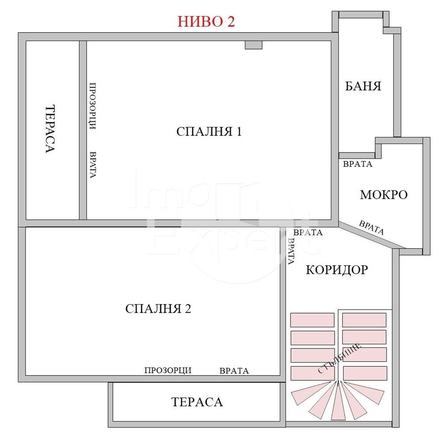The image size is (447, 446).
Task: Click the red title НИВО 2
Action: click(x=206, y=22)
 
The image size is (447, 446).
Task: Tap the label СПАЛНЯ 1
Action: click(x=209, y=132)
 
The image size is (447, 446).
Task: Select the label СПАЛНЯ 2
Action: click(x=158, y=309)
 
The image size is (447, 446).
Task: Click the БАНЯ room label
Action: click(x=363, y=86)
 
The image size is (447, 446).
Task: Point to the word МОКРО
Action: click(x=384, y=195)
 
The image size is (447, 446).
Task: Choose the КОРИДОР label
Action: click(x=337, y=269)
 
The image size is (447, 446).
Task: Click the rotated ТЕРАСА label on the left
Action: click(x=50, y=129)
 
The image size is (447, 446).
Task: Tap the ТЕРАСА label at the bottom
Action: click(x=197, y=402)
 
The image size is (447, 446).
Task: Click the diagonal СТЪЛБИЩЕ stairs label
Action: click(x=340, y=358)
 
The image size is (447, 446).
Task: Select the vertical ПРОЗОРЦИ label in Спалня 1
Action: click(x=93, y=106)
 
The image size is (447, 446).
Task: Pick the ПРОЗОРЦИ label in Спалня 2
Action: click(x=168, y=370)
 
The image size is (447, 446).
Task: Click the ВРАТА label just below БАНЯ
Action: click(x=357, y=164)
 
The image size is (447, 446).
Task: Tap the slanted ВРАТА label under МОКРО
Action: click(x=372, y=227)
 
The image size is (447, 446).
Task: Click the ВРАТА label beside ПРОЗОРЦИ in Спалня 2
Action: click(x=234, y=371)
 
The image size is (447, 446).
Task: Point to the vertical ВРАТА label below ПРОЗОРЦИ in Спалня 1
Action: click(x=93, y=165)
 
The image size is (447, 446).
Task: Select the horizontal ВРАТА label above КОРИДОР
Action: click(x=308, y=232)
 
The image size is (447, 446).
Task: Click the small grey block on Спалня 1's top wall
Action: click(x=253, y=45)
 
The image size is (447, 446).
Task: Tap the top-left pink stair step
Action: click(x=312, y=320)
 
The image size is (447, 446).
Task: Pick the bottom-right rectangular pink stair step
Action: click(x=365, y=373)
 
